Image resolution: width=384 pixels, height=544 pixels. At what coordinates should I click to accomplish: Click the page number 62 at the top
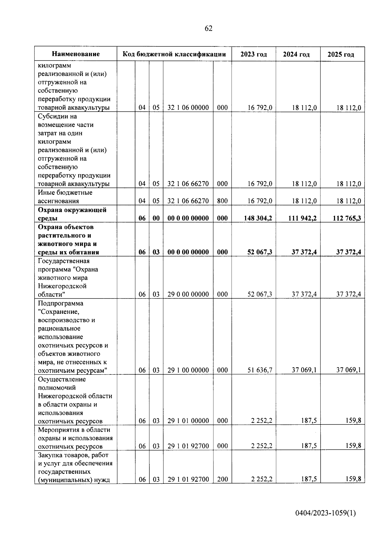coord(208,29)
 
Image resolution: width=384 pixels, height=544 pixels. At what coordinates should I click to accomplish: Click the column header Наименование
coord(76,54)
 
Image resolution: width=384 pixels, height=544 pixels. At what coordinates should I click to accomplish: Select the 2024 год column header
coord(296,54)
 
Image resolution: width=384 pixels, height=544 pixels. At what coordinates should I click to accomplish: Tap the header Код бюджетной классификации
coord(174,54)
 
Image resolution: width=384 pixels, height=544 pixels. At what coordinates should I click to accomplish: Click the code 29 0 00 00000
coord(188,294)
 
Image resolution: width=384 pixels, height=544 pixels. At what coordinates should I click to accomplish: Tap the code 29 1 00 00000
coord(188,370)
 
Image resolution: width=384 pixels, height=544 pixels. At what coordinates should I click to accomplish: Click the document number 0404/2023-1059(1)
coord(325,513)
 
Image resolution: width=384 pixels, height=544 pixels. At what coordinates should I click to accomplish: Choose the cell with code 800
coord(222,201)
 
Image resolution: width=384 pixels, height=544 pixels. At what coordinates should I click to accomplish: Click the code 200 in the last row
coord(222,479)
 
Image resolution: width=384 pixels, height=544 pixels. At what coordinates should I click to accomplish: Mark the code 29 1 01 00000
coord(188,421)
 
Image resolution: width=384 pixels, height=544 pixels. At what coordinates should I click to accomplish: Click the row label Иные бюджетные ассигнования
coord(65,197)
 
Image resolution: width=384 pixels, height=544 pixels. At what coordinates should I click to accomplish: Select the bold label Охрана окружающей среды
coord(72,214)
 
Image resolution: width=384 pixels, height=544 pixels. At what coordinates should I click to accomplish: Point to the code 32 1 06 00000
coord(188,108)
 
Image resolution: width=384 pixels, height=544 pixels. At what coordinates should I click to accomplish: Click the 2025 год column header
coord(341,54)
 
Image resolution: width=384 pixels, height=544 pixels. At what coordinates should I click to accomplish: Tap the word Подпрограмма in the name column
coord(60,303)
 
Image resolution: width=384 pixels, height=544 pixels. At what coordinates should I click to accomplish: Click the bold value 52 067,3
coord(260,252)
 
